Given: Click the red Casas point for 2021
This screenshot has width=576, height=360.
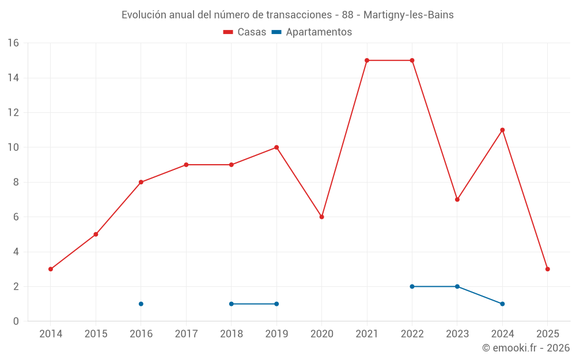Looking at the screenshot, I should point(367,60).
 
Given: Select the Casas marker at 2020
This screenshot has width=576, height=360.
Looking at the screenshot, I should point(321,217).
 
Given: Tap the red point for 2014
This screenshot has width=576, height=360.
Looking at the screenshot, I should point(51,269).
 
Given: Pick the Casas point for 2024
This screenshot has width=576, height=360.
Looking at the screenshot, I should point(502,130).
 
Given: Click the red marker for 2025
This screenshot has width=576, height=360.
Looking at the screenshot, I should point(547,269).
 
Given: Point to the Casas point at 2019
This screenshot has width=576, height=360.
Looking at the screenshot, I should point(276,147).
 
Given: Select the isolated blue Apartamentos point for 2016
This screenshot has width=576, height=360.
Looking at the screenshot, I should point(141,304).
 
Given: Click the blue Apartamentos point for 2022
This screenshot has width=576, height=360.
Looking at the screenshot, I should point(412,286).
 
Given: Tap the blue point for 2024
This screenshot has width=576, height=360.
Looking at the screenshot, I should point(502,304).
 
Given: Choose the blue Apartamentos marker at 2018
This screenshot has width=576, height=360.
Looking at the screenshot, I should point(232,304).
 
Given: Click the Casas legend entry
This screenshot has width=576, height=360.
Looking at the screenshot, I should point(245,32).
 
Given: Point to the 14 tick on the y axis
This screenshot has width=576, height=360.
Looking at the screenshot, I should point(13,78).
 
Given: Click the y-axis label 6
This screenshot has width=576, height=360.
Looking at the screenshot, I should point(16,217).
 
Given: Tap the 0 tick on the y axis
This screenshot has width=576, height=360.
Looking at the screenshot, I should point(16,321).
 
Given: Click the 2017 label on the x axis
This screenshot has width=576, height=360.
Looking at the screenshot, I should point(186,334).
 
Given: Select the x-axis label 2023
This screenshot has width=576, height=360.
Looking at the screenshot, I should point(457,334).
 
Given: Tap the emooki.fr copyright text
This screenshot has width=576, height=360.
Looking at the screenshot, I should point(526,348).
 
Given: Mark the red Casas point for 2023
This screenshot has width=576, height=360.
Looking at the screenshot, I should point(457,199).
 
